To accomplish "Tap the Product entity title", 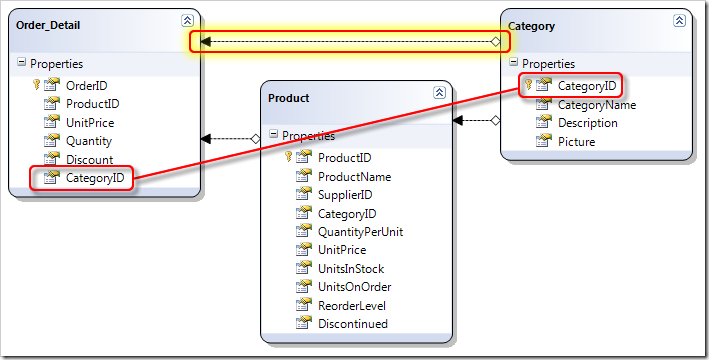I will point(289,97).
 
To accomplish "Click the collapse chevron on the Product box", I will point(438,93).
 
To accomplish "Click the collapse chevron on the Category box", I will point(679,20).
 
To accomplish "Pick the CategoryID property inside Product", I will point(346,213).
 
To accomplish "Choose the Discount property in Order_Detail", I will point(89,159).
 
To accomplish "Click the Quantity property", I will point(89,141).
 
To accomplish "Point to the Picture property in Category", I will point(576,141).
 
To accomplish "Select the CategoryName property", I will point(596,104).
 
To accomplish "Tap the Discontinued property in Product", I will point(352,323).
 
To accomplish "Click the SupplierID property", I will point(344,194).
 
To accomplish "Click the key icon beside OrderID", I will point(36,85).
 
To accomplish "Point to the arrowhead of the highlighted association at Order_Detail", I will point(204,41).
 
